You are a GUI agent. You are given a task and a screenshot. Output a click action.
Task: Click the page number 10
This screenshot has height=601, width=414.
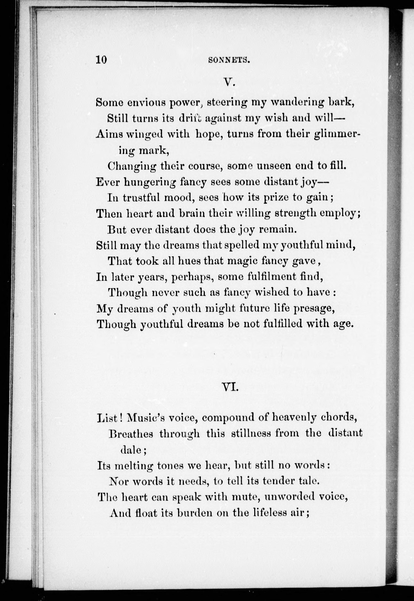click(x=101, y=60)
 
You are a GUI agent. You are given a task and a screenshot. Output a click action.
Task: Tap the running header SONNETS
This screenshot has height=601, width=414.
click(x=229, y=60)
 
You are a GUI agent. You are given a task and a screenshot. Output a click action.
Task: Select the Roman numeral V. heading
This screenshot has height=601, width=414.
click(x=230, y=83)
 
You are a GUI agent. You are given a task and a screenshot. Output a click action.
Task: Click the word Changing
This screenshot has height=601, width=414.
click(x=132, y=166)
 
